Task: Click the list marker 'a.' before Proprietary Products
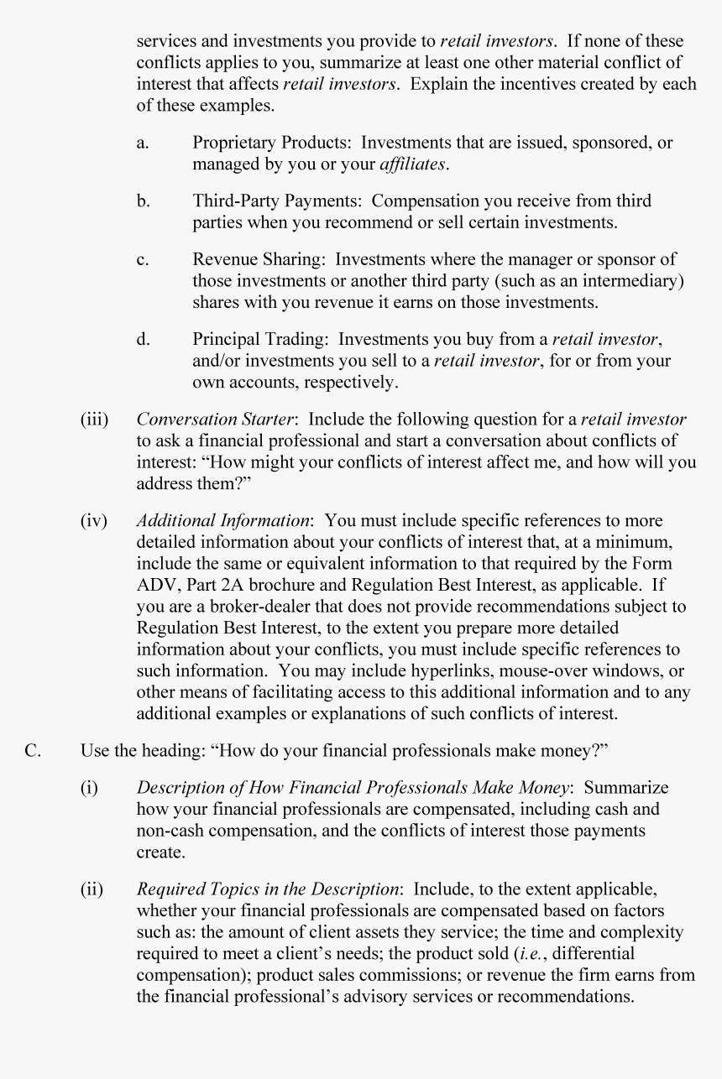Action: coord(143,143)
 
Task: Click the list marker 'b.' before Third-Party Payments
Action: coord(143,201)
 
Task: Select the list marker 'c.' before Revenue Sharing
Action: coord(143,260)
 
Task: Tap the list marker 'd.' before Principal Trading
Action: coord(143,340)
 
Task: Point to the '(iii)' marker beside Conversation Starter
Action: coord(95,420)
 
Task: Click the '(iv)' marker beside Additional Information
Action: coord(94,521)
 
